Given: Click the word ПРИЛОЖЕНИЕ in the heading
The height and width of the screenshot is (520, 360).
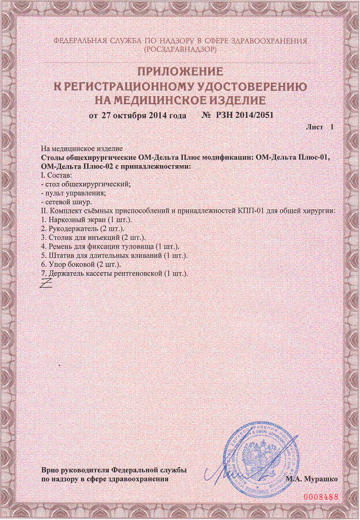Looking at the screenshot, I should (179, 72).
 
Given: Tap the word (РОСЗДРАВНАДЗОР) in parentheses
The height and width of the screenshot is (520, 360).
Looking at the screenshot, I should (179, 50).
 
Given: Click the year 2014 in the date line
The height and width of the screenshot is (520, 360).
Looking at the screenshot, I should (158, 115).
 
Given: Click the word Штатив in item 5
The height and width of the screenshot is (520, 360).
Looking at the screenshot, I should (61, 254).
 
